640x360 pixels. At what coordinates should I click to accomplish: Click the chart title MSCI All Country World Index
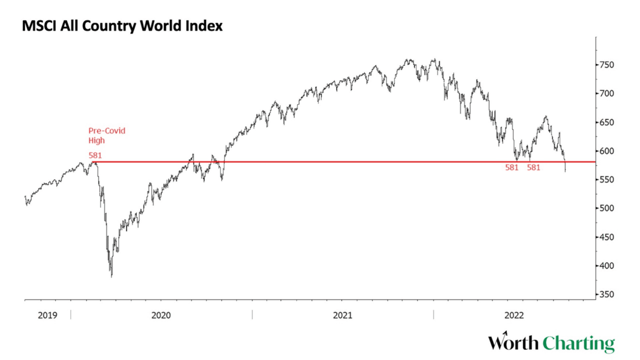[122, 26]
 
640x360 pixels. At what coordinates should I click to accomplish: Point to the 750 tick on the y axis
[606, 65]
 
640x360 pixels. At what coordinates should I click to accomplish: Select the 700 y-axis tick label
[606, 93]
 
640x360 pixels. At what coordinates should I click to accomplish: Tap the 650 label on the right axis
[606, 122]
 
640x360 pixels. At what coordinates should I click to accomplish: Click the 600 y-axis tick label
[606, 151]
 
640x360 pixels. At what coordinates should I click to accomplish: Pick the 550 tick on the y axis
[606, 179]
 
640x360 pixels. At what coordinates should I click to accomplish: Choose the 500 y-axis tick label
[606, 208]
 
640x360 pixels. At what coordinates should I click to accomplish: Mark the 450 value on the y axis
[606, 237]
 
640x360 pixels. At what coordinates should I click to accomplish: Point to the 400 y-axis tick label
[606, 265]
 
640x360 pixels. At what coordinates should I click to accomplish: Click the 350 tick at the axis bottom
[606, 294]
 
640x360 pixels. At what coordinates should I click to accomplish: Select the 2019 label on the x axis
[47, 315]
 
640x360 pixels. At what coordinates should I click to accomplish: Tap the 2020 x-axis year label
[160, 315]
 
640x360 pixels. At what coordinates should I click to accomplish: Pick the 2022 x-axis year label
[514, 315]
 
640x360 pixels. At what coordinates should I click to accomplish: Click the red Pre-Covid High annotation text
[106, 135]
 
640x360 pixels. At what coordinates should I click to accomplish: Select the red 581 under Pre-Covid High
[95, 155]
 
